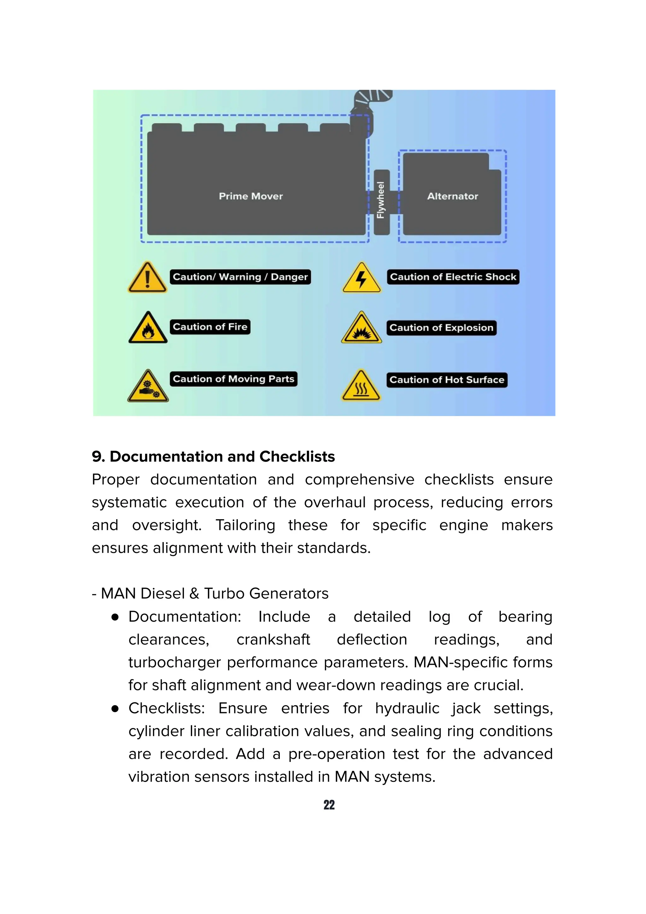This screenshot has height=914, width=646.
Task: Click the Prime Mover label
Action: (x=251, y=196)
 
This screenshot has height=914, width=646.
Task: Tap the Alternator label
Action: (x=453, y=196)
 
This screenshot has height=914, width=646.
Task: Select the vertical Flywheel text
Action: (x=381, y=200)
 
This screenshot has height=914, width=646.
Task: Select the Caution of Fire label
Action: (x=210, y=327)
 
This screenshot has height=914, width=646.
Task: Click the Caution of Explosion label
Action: (x=441, y=328)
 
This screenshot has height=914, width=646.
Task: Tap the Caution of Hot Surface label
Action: (x=447, y=380)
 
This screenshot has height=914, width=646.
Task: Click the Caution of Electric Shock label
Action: (x=453, y=277)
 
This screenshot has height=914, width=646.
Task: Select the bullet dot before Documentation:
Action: (x=115, y=617)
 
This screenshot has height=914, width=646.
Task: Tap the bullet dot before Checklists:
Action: (x=115, y=709)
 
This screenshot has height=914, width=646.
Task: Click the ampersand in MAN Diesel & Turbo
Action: (x=194, y=594)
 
